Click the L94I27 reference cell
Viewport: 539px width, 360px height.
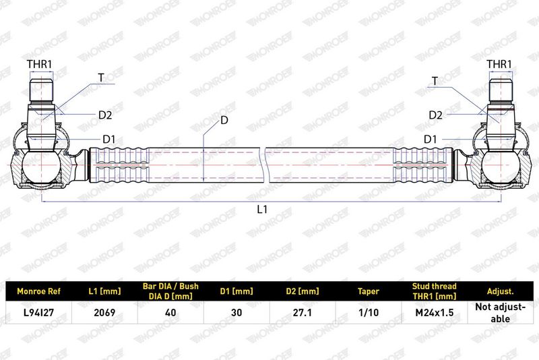[38, 313]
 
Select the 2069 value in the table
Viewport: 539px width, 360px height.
[104, 313]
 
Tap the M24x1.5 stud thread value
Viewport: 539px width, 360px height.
[434, 313]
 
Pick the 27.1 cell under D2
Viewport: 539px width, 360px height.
[303, 313]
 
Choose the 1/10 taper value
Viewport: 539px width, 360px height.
[368, 313]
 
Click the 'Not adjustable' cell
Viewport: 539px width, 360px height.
[500, 313]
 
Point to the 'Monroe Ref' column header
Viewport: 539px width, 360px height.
[38, 292]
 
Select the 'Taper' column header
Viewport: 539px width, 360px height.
[368, 292]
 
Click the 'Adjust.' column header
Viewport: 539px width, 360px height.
[500, 292]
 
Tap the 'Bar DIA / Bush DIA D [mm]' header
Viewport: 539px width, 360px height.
[170, 291]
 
